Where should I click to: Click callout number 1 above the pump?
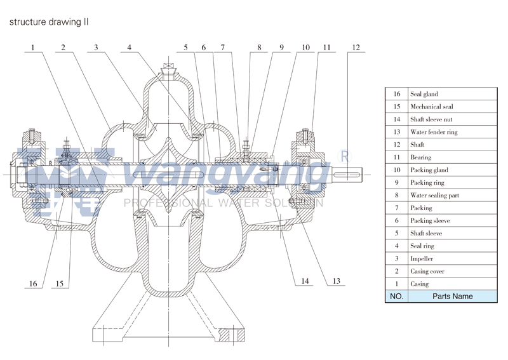click(x=32, y=48)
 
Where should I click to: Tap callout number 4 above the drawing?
click(x=129, y=48)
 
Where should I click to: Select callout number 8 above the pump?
click(x=259, y=48)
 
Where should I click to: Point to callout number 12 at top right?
click(x=356, y=48)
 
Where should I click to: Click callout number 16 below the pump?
click(x=33, y=284)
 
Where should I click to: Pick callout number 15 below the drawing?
click(x=60, y=284)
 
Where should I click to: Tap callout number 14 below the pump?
click(x=305, y=281)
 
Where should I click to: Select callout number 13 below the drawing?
click(x=337, y=281)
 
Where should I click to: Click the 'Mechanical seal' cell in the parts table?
click(x=432, y=107)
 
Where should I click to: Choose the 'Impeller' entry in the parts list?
click(x=422, y=258)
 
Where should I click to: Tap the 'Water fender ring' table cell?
click(x=434, y=132)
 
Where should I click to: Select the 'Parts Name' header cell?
click(x=452, y=296)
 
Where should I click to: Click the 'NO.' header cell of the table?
click(x=396, y=296)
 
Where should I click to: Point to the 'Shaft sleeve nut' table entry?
click(x=431, y=119)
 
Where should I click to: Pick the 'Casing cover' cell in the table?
click(x=427, y=271)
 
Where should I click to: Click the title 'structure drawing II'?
click(x=49, y=22)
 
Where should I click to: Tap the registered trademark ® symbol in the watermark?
click(x=344, y=156)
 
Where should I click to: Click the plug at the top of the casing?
click(x=169, y=70)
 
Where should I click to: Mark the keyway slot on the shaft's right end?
click(x=347, y=175)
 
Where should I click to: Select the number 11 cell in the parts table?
click(x=396, y=157)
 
